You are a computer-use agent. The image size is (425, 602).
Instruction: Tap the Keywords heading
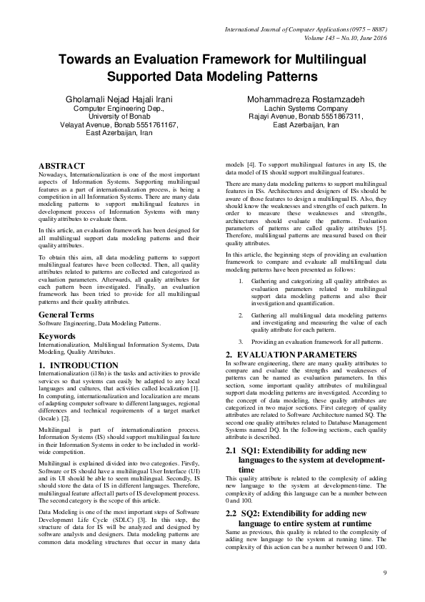(58, 335)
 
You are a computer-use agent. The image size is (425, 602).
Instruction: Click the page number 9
(384, 573)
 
